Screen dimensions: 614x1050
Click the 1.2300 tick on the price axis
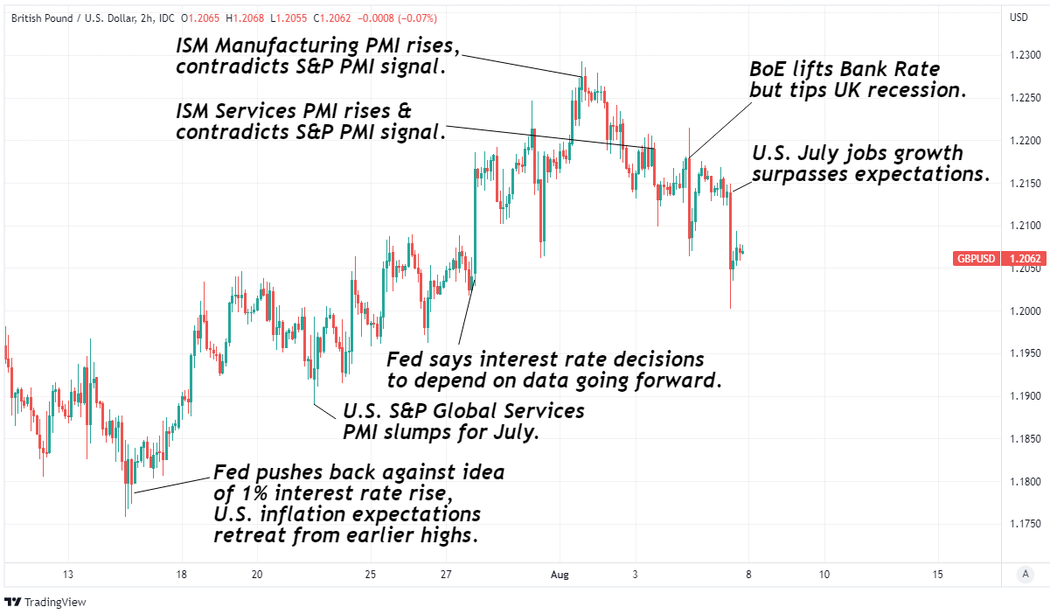click(1025, 56)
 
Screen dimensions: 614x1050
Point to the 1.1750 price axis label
click(1025, 524)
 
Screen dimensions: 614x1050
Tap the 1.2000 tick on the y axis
click(1025, 311)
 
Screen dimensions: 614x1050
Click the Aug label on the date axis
click(560, 575)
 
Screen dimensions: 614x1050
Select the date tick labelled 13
click(67, 575)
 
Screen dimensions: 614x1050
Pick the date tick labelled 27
click(446, 575)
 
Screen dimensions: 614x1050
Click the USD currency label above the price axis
click(1019, 17)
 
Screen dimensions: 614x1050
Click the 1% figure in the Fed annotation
click(250, 493)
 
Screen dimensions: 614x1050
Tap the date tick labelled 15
click(938, 575)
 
